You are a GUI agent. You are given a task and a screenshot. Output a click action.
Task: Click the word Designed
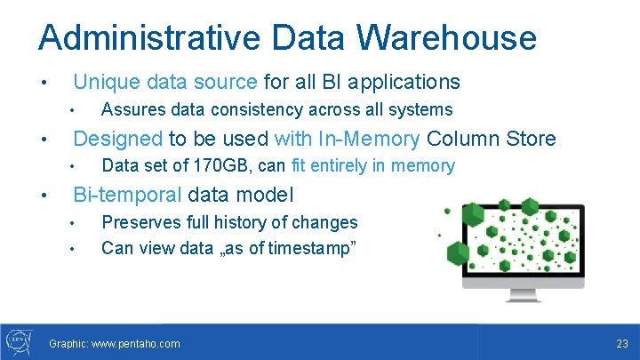117,139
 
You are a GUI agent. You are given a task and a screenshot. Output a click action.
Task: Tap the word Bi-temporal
127,195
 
